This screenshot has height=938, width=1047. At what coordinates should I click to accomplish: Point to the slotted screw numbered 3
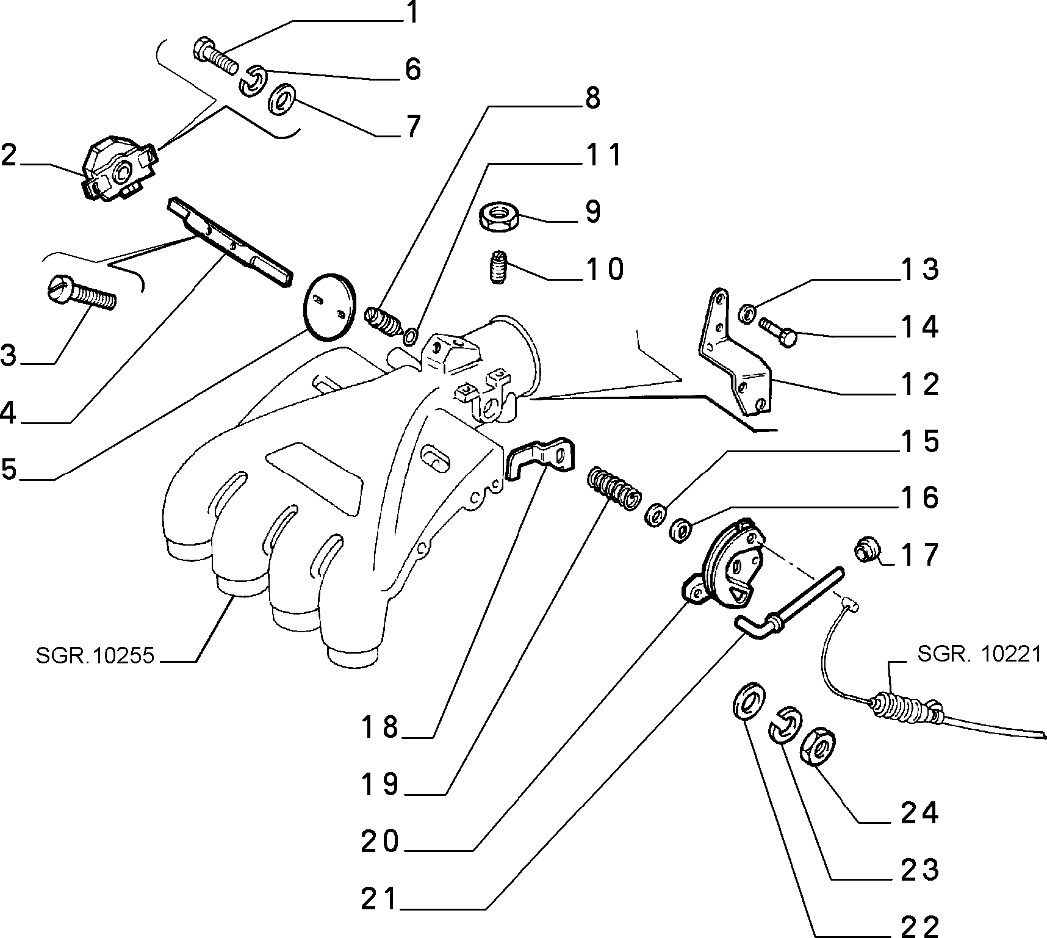tap(81, 294)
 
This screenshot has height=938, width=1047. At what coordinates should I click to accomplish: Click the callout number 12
tap(919, 385)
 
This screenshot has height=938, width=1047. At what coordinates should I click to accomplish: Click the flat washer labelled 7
tap(281, 98)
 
